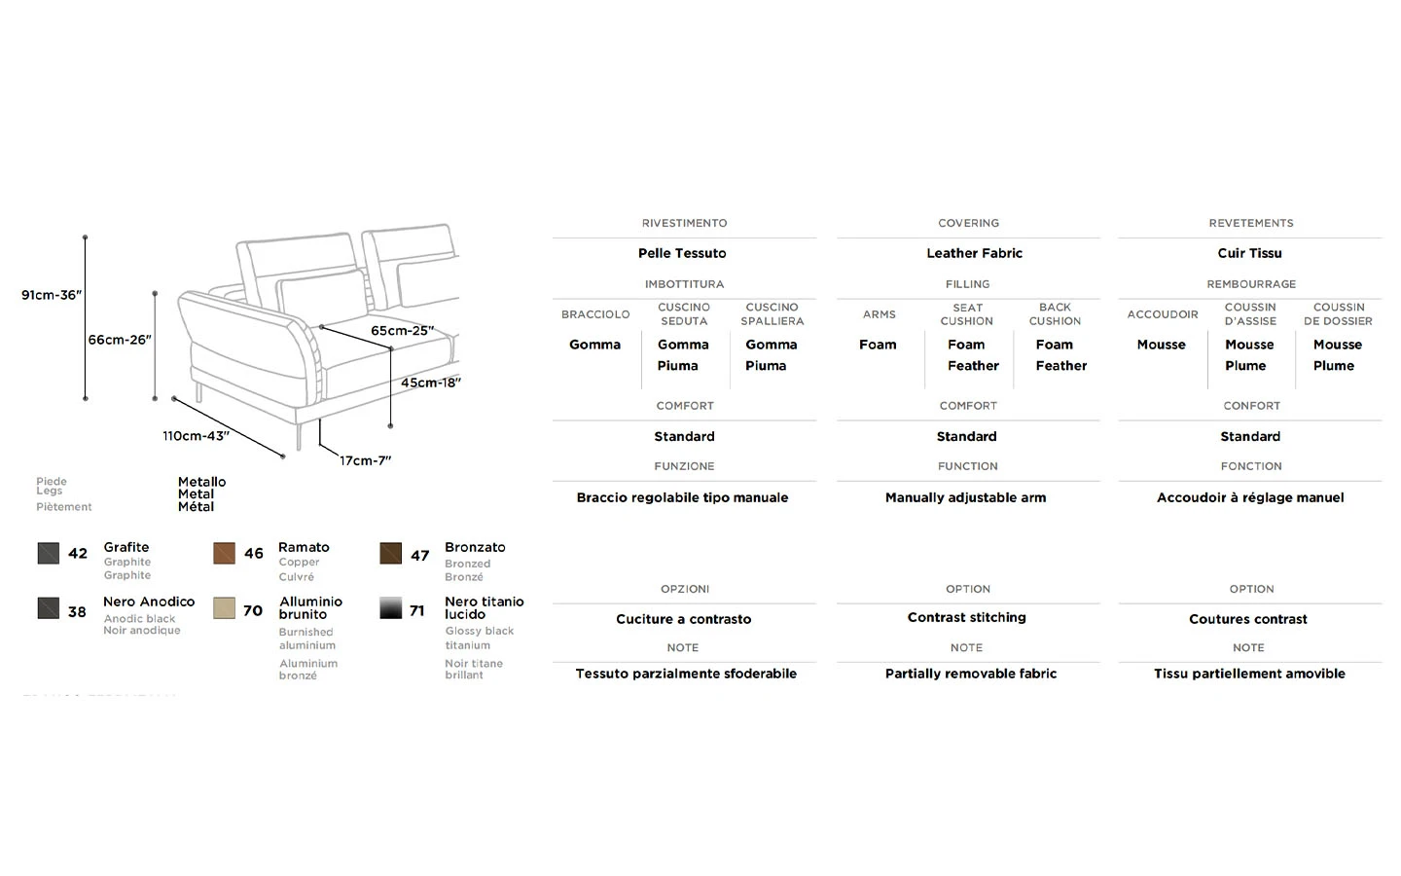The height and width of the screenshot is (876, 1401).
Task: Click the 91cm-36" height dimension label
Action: [52, 295]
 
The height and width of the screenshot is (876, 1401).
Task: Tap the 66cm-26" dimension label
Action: [120, 340]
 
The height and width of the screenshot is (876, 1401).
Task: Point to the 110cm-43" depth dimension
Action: [196, 436]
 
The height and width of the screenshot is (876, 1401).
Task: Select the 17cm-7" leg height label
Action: [365, 460]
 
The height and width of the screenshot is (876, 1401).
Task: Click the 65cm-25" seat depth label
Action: [402, 331]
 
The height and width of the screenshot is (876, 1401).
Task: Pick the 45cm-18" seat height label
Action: [430, 383]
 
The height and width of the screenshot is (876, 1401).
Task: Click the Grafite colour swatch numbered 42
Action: [49, 553]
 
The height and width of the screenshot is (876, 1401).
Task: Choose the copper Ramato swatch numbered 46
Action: [225, 553]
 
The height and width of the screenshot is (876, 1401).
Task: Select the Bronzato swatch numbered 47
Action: [391, 554]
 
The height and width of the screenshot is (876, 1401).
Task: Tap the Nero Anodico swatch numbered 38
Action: [49, 608]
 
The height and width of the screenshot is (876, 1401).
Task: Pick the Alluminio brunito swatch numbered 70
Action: [225, 608]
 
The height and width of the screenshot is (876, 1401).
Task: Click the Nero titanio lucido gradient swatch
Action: [391, 608]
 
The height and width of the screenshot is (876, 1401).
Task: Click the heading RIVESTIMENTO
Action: [684, 223]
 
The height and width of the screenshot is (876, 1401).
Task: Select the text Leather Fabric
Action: [974, 253]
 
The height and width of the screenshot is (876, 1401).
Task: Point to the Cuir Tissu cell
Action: [1249, 253]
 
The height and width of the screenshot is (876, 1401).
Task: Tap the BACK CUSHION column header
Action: [1055, 314]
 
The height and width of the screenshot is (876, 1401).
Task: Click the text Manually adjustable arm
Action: [965, 497]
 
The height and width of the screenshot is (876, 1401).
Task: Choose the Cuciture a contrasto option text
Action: [683, 619]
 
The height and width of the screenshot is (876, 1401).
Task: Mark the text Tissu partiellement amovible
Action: [1249, 674]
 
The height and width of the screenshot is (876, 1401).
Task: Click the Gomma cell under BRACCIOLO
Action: [594, 345]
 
